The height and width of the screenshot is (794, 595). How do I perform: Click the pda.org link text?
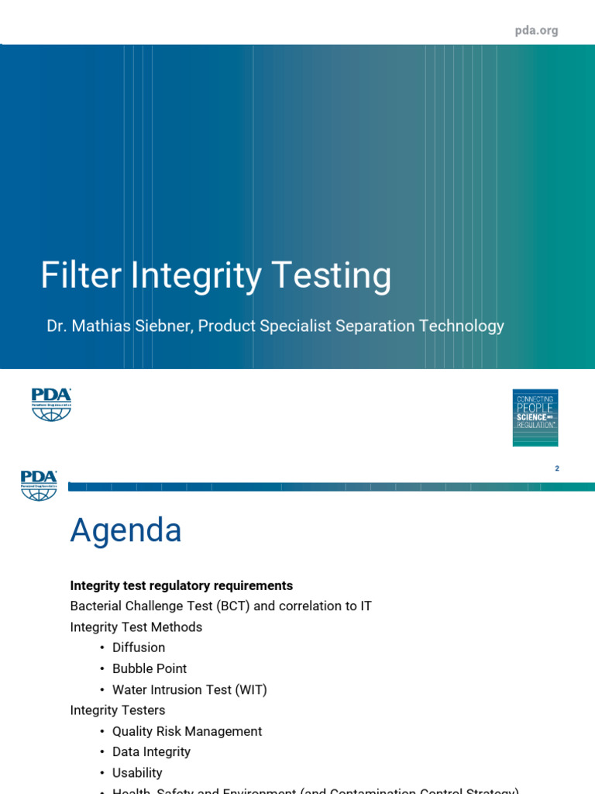(536, 30)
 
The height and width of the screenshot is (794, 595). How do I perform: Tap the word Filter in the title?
(81, 275)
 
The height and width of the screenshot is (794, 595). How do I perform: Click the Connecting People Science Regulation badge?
(535, 417)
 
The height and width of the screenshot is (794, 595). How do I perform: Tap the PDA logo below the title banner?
(51, 404)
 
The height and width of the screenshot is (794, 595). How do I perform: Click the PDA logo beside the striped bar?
(39, 485)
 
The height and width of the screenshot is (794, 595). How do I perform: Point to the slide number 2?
(557, 468)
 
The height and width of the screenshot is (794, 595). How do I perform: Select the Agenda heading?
(126, 530)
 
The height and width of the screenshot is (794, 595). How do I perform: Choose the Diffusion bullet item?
(139, 647)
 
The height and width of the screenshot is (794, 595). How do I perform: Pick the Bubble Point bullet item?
(150, 668)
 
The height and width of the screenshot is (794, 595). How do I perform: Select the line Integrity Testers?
(117, 709)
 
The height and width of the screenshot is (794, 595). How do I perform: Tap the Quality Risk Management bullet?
(187, 731)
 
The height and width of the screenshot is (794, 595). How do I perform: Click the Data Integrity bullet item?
(151, 751)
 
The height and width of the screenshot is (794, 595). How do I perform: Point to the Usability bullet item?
(137, 772)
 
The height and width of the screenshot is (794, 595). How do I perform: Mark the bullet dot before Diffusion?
(101, 647)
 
